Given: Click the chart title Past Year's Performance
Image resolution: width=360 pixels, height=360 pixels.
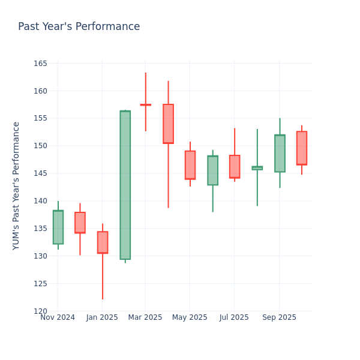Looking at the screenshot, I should [x=79, y=27].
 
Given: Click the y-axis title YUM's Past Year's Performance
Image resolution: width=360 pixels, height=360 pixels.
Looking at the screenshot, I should [x=16, y=185].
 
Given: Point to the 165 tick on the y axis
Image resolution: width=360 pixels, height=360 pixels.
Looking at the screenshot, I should [x=40, y=64].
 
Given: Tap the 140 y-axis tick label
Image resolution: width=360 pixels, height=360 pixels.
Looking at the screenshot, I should [x=40, y=201].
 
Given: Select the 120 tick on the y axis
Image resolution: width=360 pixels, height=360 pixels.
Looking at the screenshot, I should [x=40, y=311].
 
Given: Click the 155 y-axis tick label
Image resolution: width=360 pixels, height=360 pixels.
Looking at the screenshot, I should [x=40, y=119].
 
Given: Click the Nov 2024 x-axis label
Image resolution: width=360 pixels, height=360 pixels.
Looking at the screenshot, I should [x=58, y=317].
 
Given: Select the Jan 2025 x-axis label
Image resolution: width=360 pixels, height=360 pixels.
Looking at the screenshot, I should [x=102, y=317].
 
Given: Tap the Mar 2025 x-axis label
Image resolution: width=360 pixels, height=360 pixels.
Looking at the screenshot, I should [x=145, y=317].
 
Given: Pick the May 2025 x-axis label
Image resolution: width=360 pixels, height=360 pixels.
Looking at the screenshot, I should [x=190, y=317].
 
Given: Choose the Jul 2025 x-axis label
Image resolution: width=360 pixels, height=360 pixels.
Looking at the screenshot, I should [x=234, y=317].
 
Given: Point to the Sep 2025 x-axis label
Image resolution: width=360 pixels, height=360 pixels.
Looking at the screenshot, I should [x=279, y=317].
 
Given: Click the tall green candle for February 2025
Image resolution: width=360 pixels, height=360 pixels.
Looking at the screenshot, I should [x=125, y=185].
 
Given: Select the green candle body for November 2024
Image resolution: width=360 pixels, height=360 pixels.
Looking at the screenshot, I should [x=58, y=227].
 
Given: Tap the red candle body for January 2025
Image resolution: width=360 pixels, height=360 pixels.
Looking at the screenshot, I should [x=103, y=242].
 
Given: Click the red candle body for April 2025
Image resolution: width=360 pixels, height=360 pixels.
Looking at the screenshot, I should [x=168, y=124].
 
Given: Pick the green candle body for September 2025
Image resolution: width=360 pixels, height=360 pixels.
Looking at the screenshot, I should [x=280, y=154].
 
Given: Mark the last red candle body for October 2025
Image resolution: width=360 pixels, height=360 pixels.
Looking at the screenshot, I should [x=301, y=148].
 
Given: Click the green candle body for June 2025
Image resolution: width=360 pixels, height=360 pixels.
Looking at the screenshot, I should [x=212, y=170].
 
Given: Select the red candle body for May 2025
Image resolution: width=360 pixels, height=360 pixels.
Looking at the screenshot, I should [x=190, y=165].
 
